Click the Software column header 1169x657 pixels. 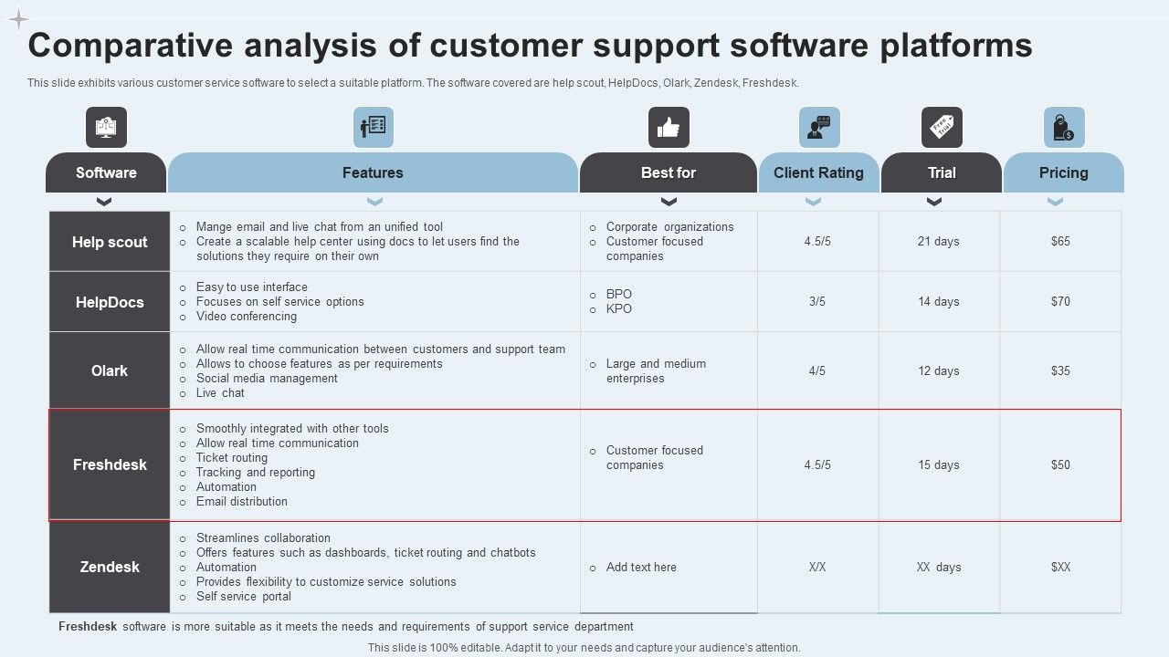(x=106, y=172)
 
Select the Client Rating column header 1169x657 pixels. (x=818, y=172)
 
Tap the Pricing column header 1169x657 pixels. (x=1063, y=172)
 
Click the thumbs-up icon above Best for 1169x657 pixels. (x=669, y=128)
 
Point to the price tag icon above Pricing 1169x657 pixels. (x=1064, y=128)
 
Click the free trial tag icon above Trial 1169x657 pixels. (x=942, y=128)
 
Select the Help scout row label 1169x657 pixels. (x=110, y=242)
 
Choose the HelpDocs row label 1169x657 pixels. (x=110, y=302)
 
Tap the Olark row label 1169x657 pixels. (x=110, y=370)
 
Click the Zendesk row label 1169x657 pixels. (x=110, y=567)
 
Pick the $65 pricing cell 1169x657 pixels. (x=1060, y=242)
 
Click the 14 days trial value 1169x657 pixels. (x=939, y=302)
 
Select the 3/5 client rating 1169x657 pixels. (x=817, y=302)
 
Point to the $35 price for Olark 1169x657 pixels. (x=1060, y=371)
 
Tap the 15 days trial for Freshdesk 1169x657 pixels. (x=939, y=465)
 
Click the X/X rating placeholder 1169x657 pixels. (x=817, y=568)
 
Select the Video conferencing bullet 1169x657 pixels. (x=246, y=317)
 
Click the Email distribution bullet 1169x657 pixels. (x=241, y=502)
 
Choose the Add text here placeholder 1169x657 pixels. (x=641, y=568)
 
